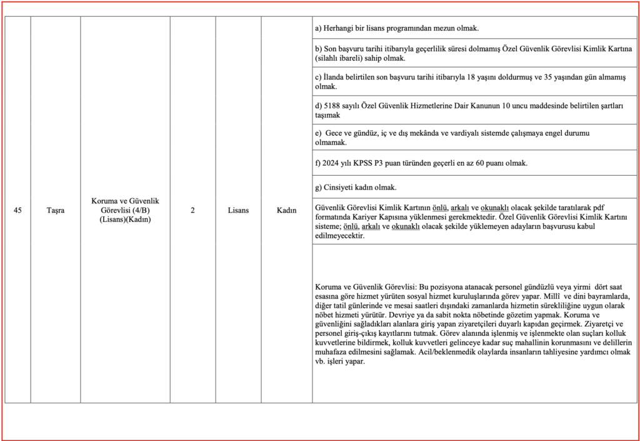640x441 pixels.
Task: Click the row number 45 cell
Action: (x=17, y=210)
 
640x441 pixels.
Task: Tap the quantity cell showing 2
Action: (x=192, y=210)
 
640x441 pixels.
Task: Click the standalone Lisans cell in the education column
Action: (x=238, y=210)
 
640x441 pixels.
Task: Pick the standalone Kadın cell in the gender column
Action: (x=286, y=210)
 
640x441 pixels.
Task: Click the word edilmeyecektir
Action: (x=340, y=236)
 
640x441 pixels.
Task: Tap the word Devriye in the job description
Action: (x=399, y=315)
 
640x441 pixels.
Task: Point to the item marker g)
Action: (x=319, y=187)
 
